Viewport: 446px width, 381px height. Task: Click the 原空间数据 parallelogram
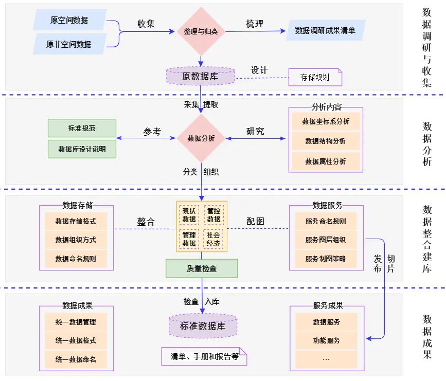pos(69,20)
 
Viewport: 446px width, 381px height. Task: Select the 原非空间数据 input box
pos(69,44)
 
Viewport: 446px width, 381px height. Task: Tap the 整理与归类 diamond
pos(201,31)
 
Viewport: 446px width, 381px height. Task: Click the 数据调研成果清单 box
pos(325,30)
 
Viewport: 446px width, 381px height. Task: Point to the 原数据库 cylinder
pos(200,76)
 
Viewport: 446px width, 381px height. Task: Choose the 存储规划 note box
pos(315,78)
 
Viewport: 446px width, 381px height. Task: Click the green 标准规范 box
pos(82,128)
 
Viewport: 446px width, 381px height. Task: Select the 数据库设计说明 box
pos(82,149)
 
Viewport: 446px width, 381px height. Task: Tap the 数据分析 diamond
pos(201,138)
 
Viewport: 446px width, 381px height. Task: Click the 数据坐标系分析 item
pos(325,122)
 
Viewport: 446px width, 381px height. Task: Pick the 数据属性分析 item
pos(325,161)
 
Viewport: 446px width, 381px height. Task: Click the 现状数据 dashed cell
pos(189,215)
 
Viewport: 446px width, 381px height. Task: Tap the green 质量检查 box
pos(202,268)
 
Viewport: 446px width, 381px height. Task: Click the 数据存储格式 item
pos(76,222)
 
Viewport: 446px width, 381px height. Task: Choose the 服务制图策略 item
pos(325,259)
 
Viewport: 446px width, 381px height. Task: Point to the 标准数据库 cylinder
pos(203,326)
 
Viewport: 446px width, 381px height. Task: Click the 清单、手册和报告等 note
pos(204,356)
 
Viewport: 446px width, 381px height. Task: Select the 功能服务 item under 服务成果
pos(326,340)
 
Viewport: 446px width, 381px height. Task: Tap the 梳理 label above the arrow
pos(254,24)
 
